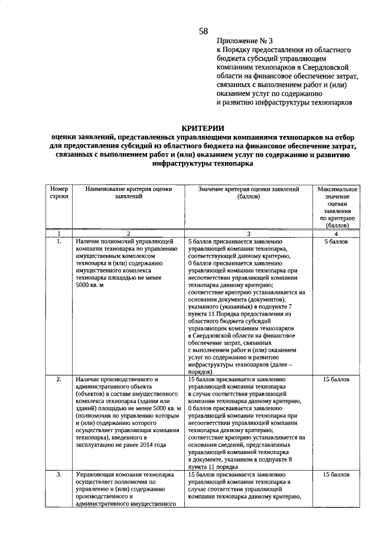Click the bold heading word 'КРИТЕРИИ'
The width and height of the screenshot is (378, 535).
(203, 128)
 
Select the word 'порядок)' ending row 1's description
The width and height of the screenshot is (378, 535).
(200, 372)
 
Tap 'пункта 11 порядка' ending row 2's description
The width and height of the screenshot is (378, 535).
(216, 466)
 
